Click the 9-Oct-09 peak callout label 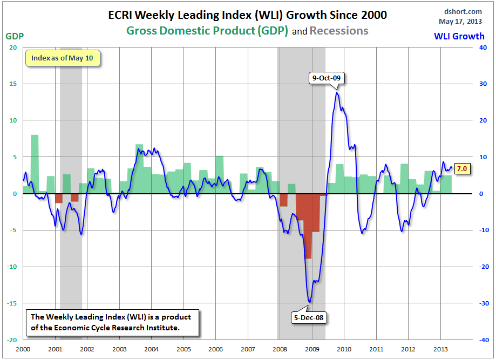pos(327,78)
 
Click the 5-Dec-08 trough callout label pos(309,318)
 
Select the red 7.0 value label pos(462,169)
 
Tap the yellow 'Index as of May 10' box pos(63,58)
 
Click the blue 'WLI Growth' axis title pos(460,37)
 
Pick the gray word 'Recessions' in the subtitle pos(339,31)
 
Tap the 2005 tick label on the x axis pos(184,349)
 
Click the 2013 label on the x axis pos(440,349)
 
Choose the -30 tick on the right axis pos(484,303)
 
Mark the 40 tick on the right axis pos(484,47)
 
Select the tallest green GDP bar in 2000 pos(35,164)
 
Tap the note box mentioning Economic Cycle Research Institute pos(112,322)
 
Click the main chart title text pos(248,15)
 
